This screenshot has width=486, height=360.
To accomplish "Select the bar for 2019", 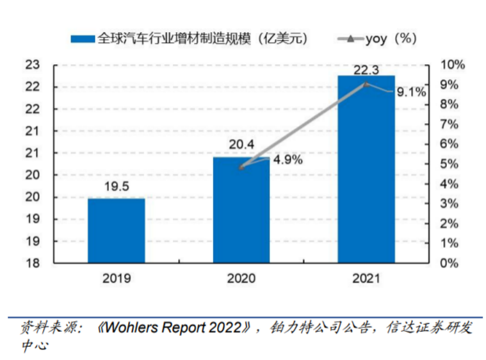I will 116,230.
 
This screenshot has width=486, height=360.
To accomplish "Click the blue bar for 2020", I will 241,210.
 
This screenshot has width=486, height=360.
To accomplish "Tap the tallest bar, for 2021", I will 366,169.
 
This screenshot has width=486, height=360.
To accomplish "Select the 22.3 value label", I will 366,70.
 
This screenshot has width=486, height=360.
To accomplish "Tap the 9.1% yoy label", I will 411,92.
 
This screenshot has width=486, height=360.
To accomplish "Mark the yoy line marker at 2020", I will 242,167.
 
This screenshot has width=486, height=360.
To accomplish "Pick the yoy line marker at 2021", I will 366,84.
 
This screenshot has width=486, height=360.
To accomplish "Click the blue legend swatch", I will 82,39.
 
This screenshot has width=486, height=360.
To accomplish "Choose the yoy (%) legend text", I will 391,39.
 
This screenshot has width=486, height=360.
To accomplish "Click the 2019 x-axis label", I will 116,278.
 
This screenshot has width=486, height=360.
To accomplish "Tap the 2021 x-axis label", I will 366,278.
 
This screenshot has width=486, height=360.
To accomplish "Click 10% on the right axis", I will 452,65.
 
